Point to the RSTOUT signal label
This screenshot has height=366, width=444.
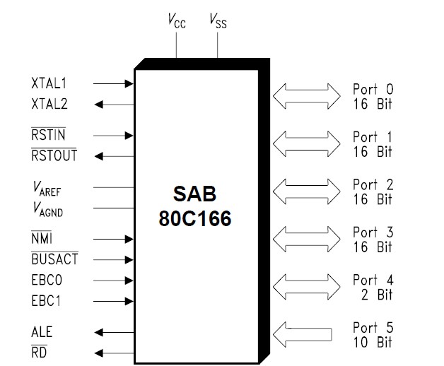tap(54, 155)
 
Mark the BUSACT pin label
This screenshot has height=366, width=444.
tap(54, 259)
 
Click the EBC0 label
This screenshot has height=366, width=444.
tap(47, 281)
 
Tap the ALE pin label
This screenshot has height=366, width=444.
tap(42, 331)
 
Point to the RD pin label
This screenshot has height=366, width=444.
tap(39, 352)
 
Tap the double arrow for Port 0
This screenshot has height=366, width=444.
tap(307, 97)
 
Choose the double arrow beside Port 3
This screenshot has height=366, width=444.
tap(307, 239)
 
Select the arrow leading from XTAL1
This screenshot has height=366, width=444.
tap(114, 83)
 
